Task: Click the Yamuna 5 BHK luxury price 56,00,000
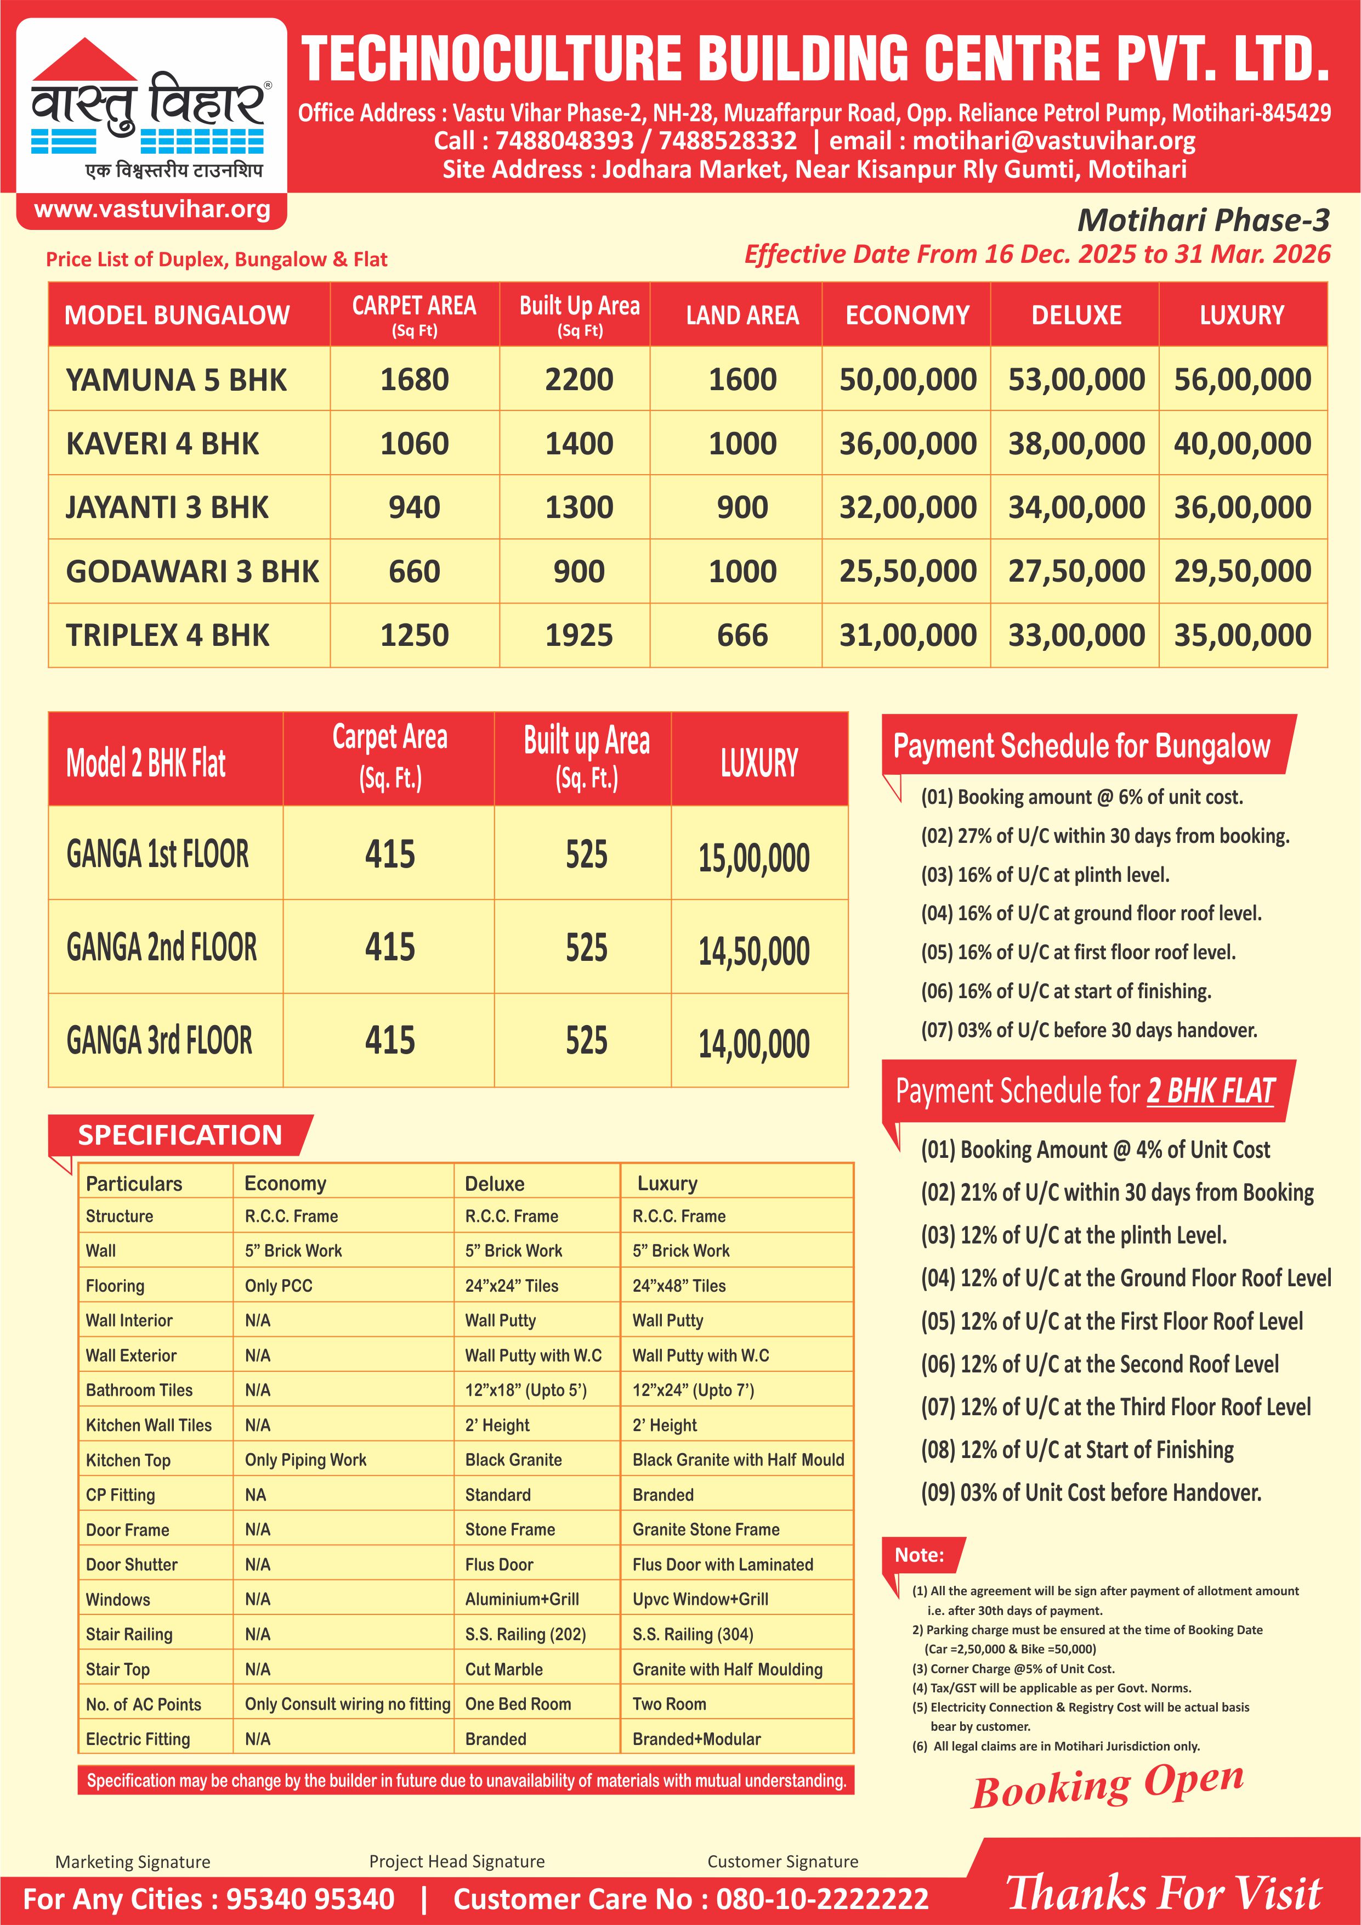click(x=1242, y=380)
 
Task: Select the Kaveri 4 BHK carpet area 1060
click(x=414, y=443)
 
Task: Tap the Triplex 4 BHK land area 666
click(x=742, y=635)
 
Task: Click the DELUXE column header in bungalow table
click(x=1075, y=315)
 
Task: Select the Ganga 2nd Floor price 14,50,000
click(x=753, y=951)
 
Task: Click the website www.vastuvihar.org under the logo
click(x=152, y=210)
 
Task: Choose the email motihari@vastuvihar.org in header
click(x=1053, y=141)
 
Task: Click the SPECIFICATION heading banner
click(x=180, y=1135)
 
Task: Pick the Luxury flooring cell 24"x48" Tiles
click(x=679, y=1285)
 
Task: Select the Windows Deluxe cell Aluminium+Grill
click(x=521, y=1599)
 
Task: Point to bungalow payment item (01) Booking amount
click(x=1081, y=797)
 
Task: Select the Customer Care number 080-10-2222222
click(x=821, y=1899)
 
